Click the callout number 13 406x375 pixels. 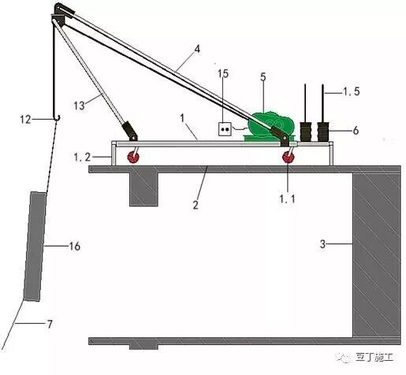click(79, 106)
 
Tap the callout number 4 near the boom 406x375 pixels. click(197, 49)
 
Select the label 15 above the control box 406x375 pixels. click(223, 74)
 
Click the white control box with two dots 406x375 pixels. click(225, 129)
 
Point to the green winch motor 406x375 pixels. click(270, 125)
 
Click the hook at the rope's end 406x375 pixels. click(57, 117)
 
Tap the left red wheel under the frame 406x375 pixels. click(133, 158)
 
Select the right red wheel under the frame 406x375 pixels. click(289, 158)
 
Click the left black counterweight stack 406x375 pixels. click(306, 132)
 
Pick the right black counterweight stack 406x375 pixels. click(323, 132)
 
